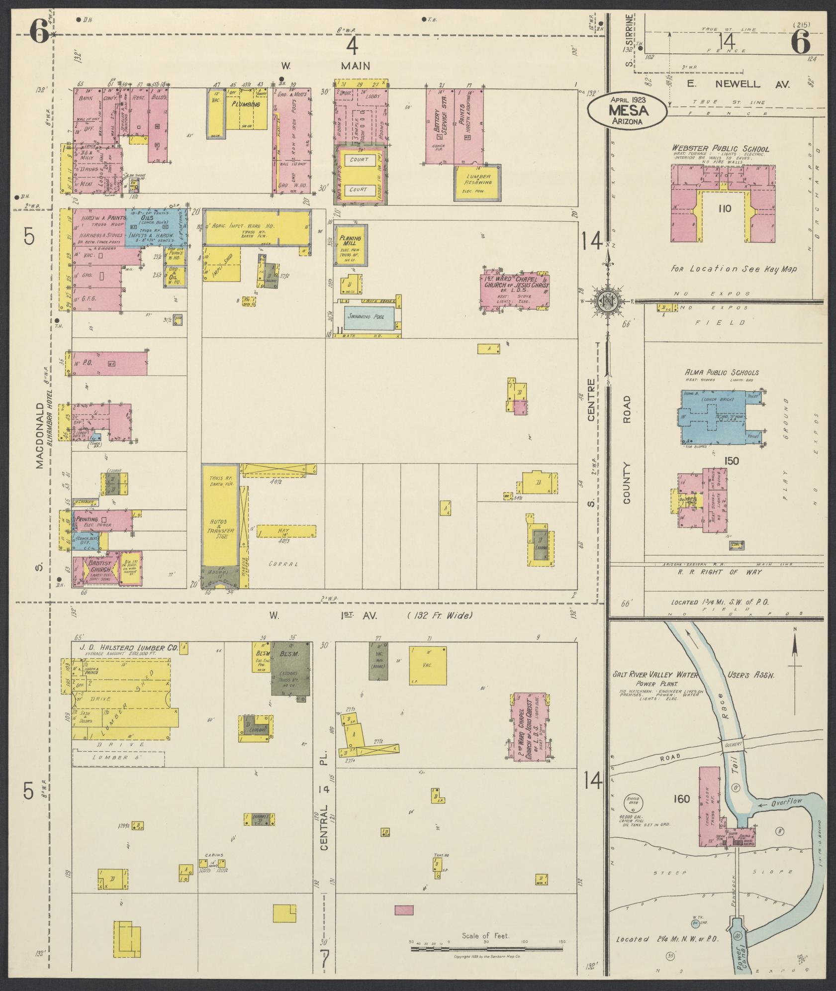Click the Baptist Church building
click(x=106, y=568)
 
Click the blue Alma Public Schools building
click(x=716, y=417)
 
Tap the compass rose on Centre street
click(x=607, y=301)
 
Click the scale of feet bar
click(x=485, y=949)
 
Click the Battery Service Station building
click(x=440, y=127)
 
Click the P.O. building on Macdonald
click(x=109, y=363)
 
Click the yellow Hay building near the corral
click(x=286, y=531)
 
